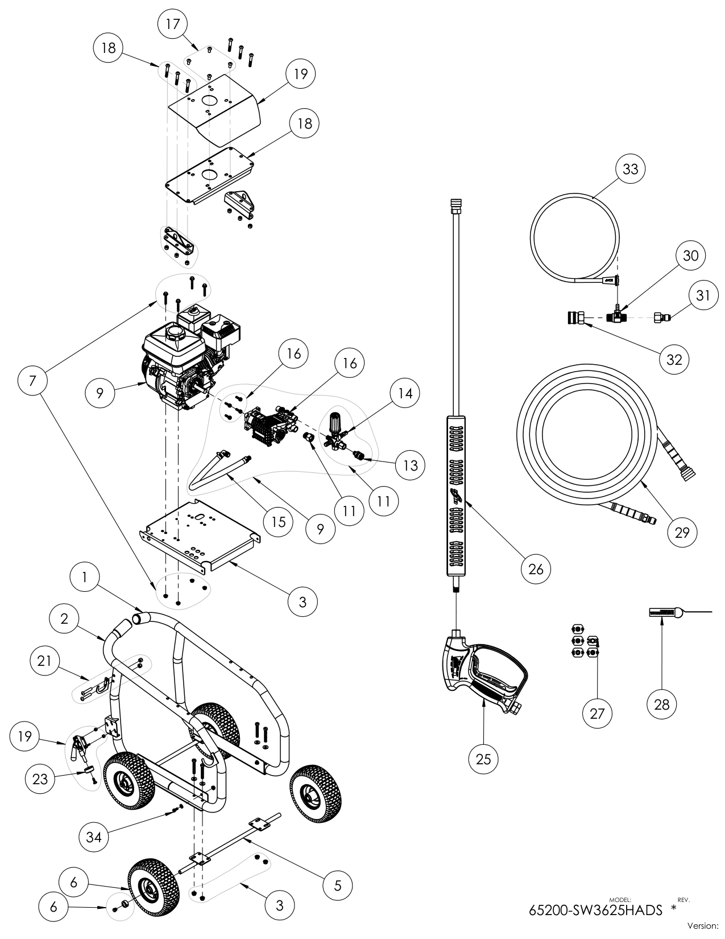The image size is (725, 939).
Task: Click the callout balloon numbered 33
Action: [631, 169]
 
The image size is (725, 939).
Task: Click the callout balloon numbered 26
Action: [536, 568]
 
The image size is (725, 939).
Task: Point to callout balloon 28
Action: [662, 704]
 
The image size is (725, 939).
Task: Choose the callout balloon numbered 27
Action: [597, 713]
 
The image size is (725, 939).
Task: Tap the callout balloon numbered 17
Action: [172, 24]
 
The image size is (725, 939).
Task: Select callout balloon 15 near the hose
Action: [278, 521]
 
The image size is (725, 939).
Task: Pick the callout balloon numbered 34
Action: [93, 837]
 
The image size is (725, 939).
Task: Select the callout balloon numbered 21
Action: [44, 660]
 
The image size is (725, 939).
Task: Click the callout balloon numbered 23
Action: [40, 779]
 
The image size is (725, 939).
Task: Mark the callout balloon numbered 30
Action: [690, 256]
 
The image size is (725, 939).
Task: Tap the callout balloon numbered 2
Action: [64, 619]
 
